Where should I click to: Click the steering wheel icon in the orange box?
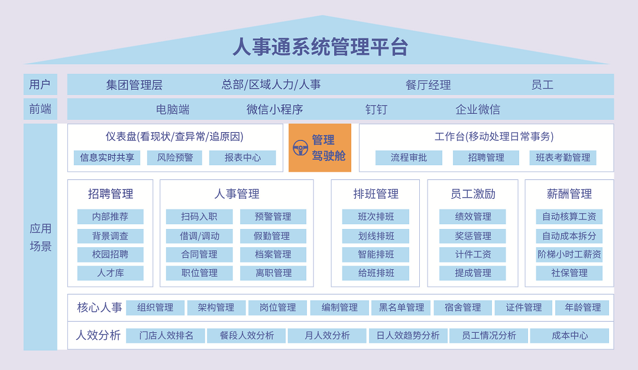(x=300, y=148)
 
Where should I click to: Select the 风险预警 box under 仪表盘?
(x=174, y=158)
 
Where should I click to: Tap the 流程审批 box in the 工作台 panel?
(x=409, y=158)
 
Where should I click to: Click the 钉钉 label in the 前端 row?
(x=376, y=109)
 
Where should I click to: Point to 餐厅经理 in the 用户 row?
(x=428, y=85)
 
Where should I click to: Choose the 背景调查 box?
(x=110, y=236)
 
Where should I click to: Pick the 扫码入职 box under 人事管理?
(x=199, y=217)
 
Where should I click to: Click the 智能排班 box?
(x=375, y=255)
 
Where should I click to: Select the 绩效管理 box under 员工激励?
(x=472, y=217)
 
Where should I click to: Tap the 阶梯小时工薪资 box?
(x=569, y=255)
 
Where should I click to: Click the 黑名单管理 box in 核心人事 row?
(x=401, y=307)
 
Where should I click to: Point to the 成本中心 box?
(x=569, y=335)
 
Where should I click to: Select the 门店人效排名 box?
(x=166, y=335)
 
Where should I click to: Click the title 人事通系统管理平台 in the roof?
(x=320, y=47)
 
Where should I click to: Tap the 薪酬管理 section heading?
(x=569, y=194)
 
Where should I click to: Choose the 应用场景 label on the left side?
(x=40, y=237)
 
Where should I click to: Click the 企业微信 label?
(x=478, y=109)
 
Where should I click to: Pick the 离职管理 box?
(x=273, y=273)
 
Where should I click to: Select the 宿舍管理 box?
(x=462, y=307)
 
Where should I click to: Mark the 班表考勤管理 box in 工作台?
(x=563, y=158)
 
